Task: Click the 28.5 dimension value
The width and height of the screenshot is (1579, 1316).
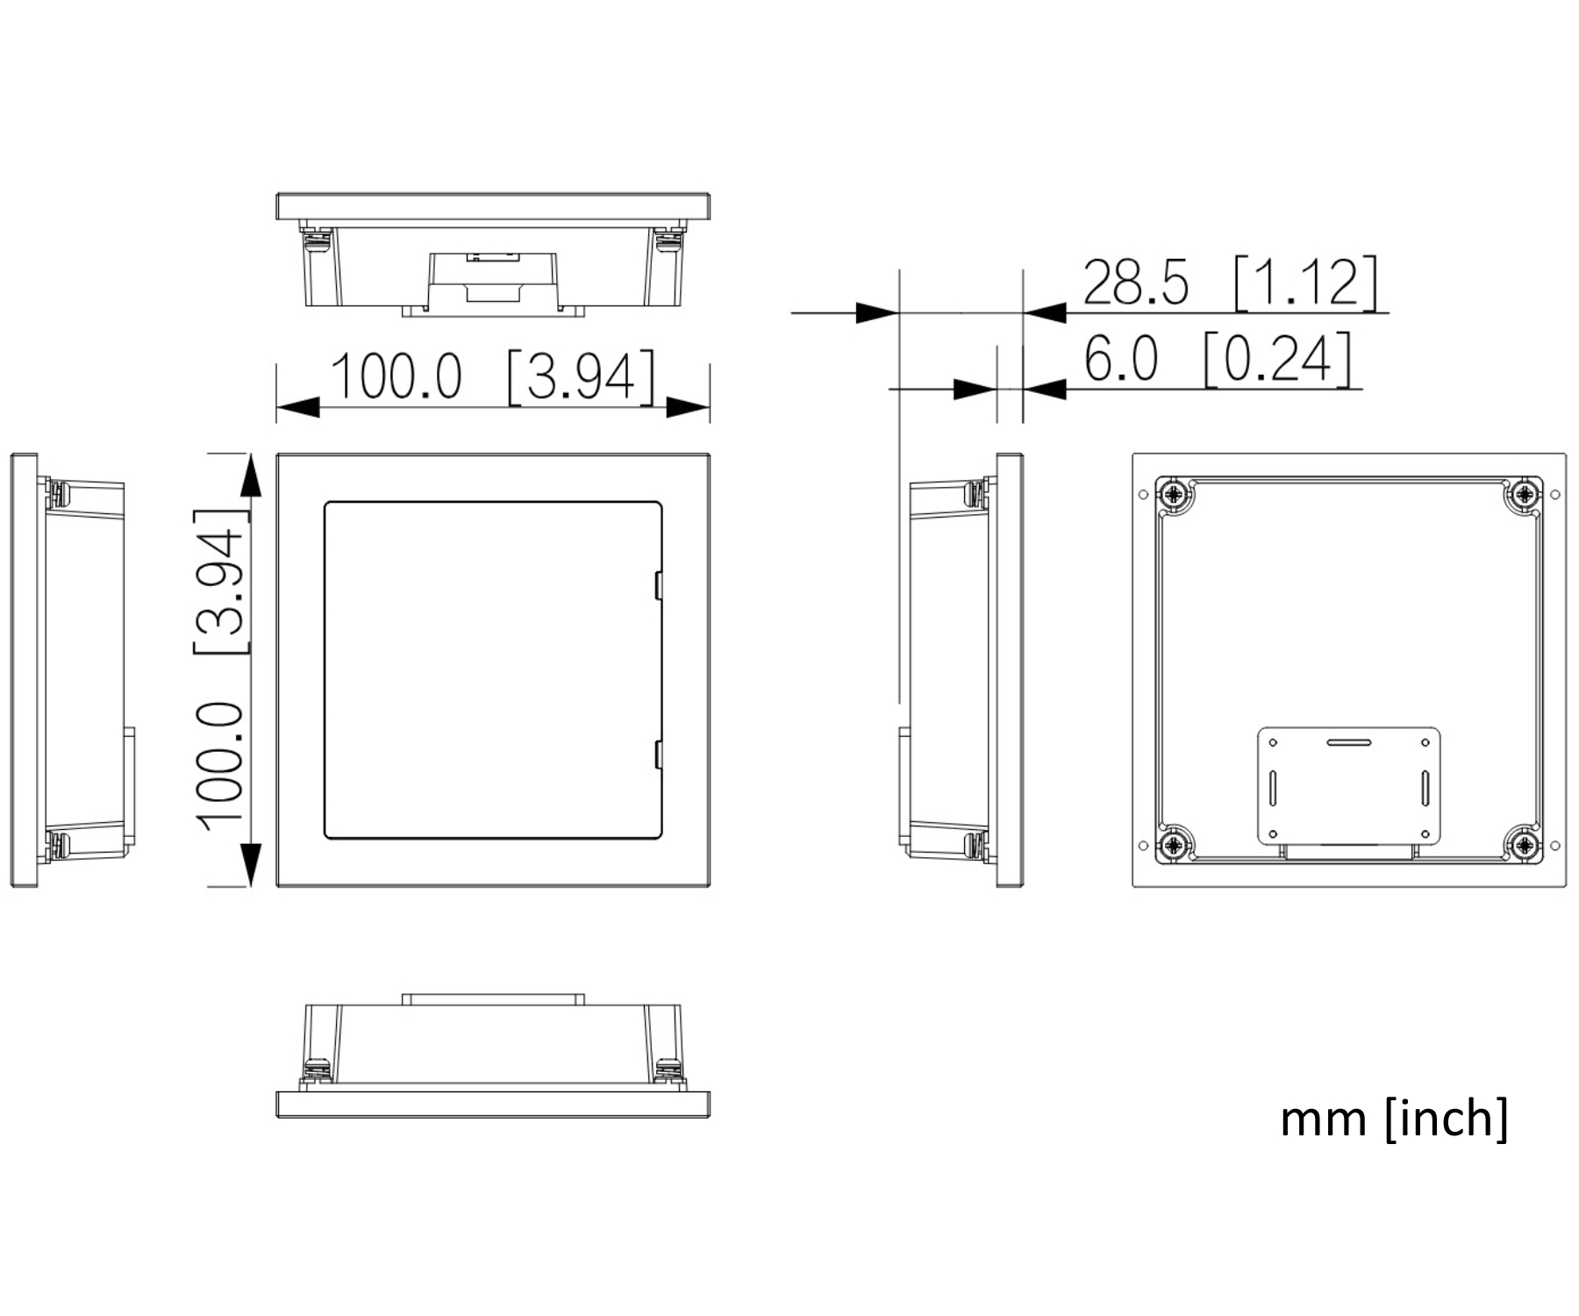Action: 1136,282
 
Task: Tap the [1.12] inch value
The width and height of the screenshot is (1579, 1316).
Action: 1306,283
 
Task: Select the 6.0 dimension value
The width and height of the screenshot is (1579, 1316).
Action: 1121,359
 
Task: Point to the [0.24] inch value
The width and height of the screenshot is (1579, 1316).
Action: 1278,359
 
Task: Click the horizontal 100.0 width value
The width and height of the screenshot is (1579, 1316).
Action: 396,376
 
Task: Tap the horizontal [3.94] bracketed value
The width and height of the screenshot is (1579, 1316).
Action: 581,376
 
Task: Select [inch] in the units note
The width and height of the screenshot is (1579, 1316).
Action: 1447,1118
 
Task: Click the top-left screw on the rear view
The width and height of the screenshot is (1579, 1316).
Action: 1174,495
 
